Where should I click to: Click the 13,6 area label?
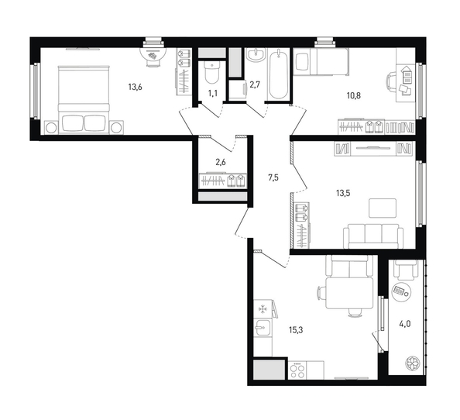click(x=136, y=87)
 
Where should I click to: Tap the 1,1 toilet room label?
click(x=213, y=93)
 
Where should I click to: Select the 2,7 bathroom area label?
click(x=255, y=84)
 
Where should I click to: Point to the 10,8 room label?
click(x=354, y=95)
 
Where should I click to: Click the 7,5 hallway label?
click(x=273, y=177)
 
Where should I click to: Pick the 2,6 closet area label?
click(x=220, y=162)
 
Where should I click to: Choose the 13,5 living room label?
click(x=343, y=194)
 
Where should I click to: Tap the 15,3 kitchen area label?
click(x=296, y=330)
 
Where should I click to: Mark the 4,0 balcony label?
click(x=404, y=324)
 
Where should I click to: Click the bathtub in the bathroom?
click(x=278, y=74)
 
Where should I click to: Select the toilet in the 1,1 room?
click(x=211, y=73)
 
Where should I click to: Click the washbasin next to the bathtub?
click(x=256, y=55)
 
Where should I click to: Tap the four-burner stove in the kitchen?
click(x=297, y=370)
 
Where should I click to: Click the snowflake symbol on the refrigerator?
click(x=262, y=309)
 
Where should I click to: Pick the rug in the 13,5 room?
click(x=383, y=208)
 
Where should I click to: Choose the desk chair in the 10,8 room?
click(x=392, y=82)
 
